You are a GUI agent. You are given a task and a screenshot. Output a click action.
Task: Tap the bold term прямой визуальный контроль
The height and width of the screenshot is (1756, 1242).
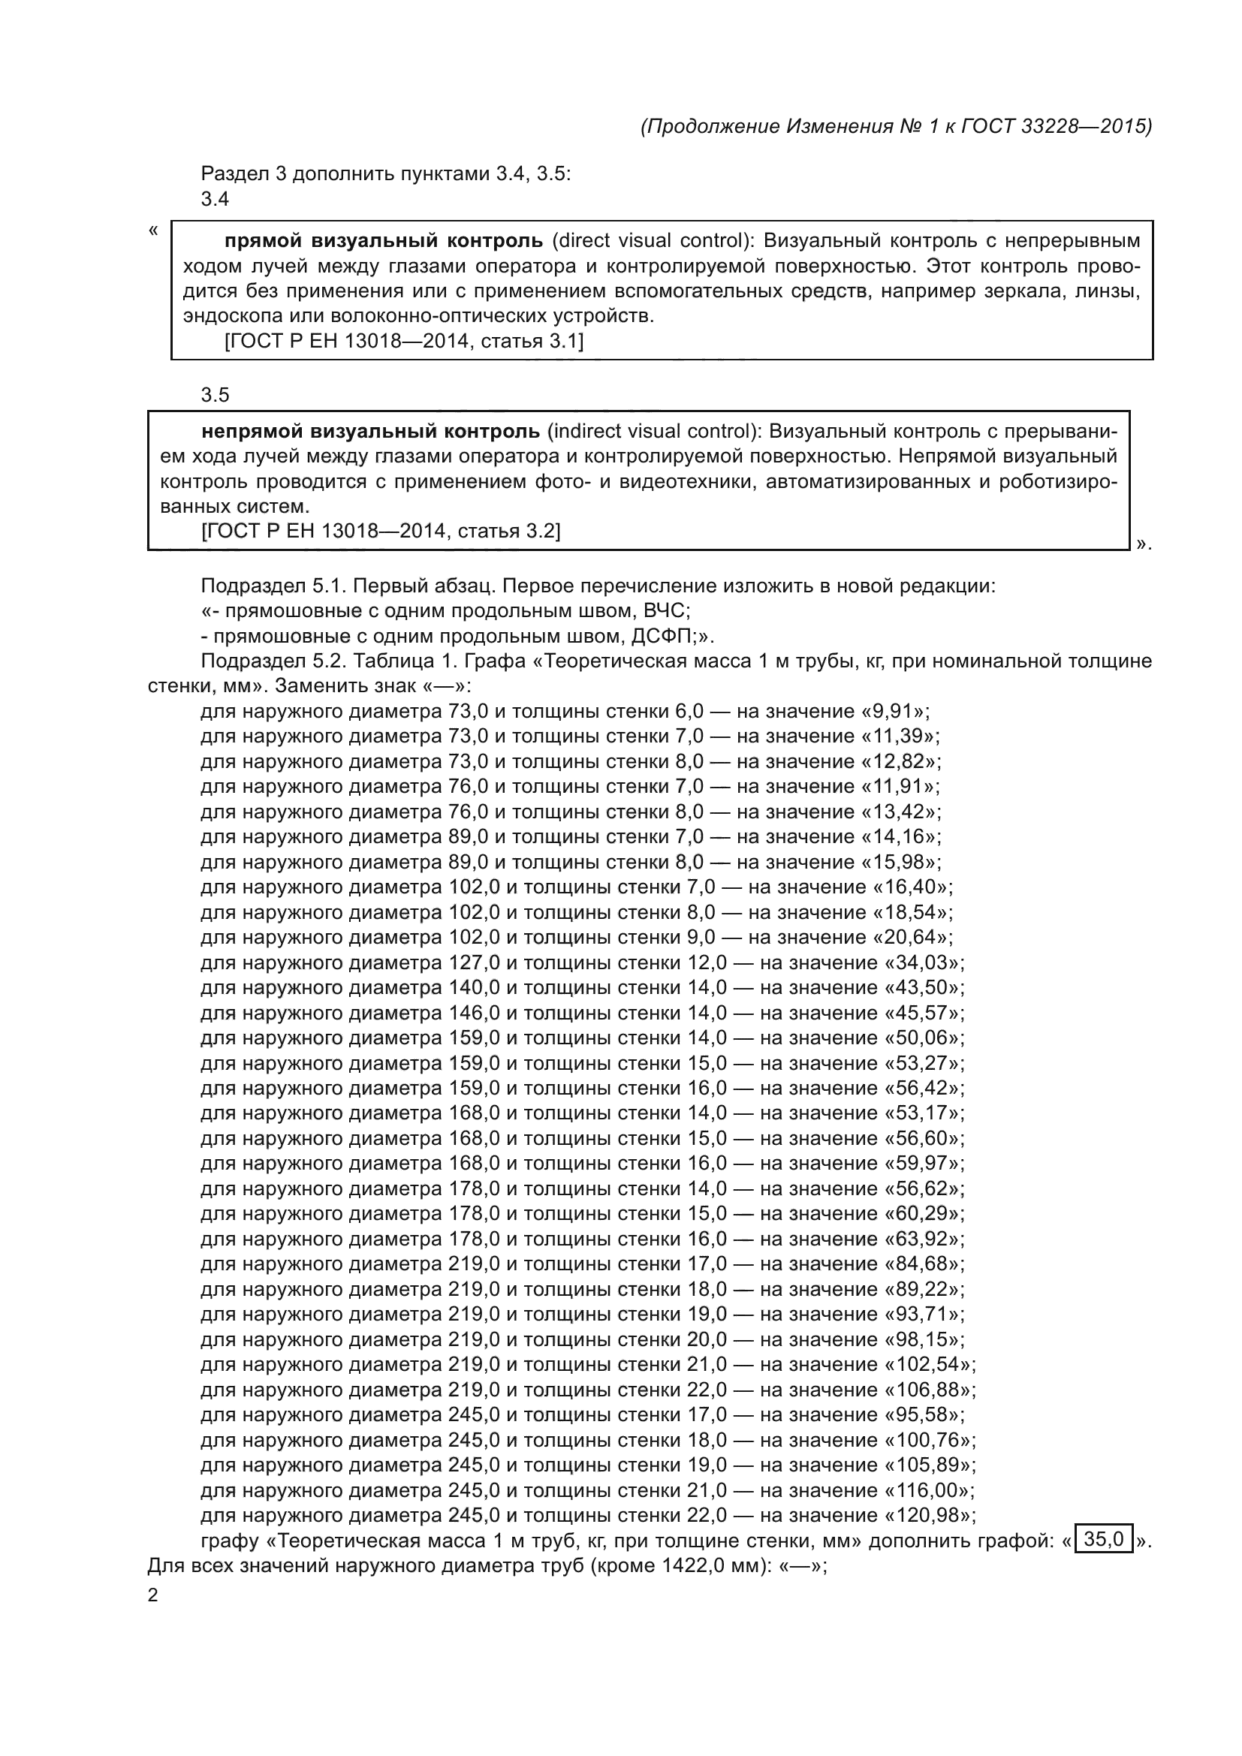click(383, 241)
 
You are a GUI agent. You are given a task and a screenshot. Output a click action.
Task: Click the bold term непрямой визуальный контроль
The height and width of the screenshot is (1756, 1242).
click(370, 432)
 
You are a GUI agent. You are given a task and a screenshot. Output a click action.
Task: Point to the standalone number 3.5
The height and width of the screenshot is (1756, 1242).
click(215, 396)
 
